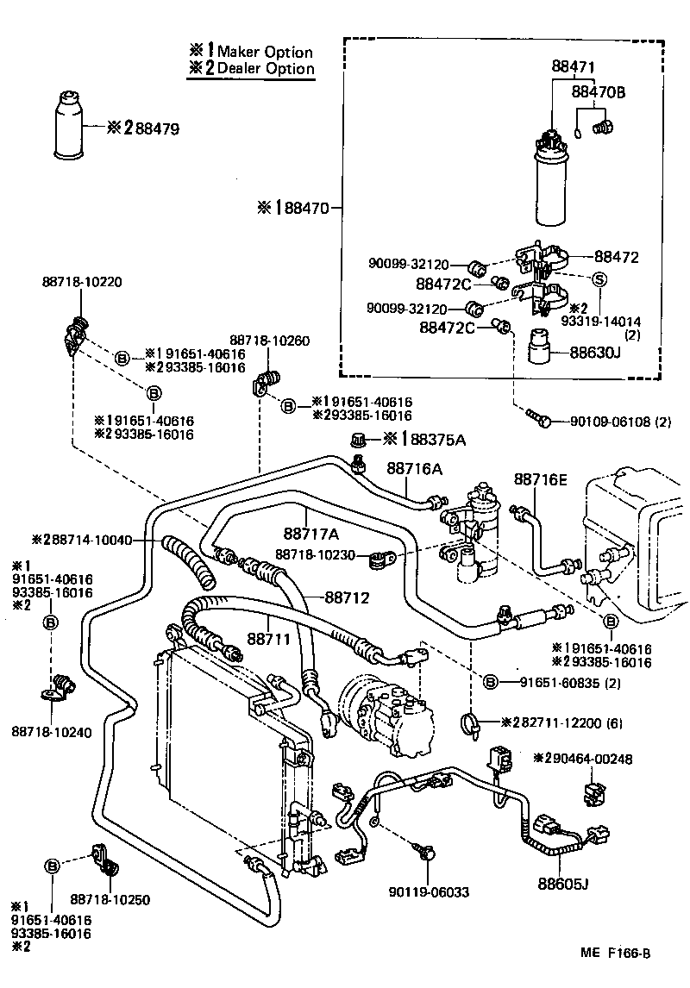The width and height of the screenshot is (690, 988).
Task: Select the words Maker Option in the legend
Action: [x=265, y=53]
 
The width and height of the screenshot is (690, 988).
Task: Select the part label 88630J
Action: [x=613, y=353]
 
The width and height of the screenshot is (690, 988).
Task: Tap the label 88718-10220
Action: [x=81, y=281]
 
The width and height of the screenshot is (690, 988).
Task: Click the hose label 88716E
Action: [x=541, y=478]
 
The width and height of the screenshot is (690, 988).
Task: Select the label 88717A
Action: [x=311, y=535]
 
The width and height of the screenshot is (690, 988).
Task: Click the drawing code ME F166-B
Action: [x=614, y=953]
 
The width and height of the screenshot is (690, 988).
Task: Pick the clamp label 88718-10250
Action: [x=110, y=900]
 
